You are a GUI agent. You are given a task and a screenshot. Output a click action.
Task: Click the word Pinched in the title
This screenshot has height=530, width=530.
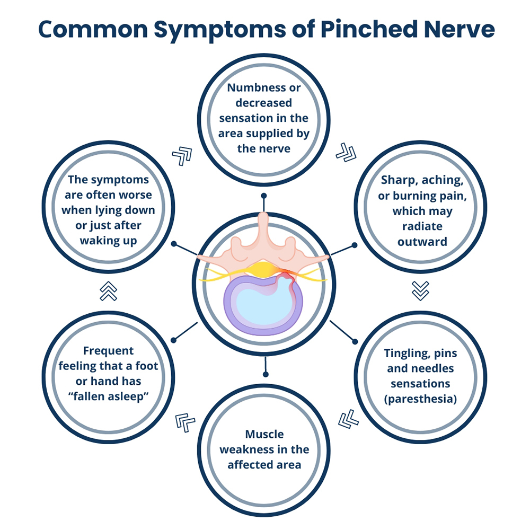point(369,29)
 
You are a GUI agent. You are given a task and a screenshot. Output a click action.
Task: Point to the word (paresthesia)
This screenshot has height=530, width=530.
point(420,399)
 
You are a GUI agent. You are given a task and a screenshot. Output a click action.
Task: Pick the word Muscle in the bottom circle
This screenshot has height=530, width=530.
point(264,434)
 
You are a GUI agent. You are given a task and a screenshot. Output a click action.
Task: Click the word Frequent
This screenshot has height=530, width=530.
point(109,351)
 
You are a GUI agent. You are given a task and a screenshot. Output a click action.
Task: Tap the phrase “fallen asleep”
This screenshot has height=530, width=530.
point(109,396)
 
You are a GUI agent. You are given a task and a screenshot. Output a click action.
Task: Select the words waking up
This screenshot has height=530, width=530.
point(109,241)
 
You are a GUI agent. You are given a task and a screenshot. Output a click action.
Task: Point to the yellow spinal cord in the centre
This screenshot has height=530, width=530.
point(263,270)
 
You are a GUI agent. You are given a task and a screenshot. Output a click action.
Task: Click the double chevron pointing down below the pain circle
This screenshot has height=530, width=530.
point(420,290)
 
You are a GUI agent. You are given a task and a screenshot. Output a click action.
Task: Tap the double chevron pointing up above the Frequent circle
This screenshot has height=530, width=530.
point(109,291)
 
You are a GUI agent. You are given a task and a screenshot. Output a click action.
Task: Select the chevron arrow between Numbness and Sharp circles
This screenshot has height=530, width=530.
point(346,153)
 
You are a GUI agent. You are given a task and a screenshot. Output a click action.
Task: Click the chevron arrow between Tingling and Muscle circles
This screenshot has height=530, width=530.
point(348,419)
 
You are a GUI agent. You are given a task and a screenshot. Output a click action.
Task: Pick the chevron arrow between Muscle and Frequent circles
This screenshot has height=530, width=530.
point(185,422)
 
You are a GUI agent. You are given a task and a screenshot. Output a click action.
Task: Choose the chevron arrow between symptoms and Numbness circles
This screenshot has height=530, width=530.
point(182,156)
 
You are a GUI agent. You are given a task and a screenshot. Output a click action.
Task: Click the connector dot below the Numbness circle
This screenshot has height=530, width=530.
point(264,196)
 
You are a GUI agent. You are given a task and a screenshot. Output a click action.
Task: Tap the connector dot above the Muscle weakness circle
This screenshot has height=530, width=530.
point(266,374)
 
